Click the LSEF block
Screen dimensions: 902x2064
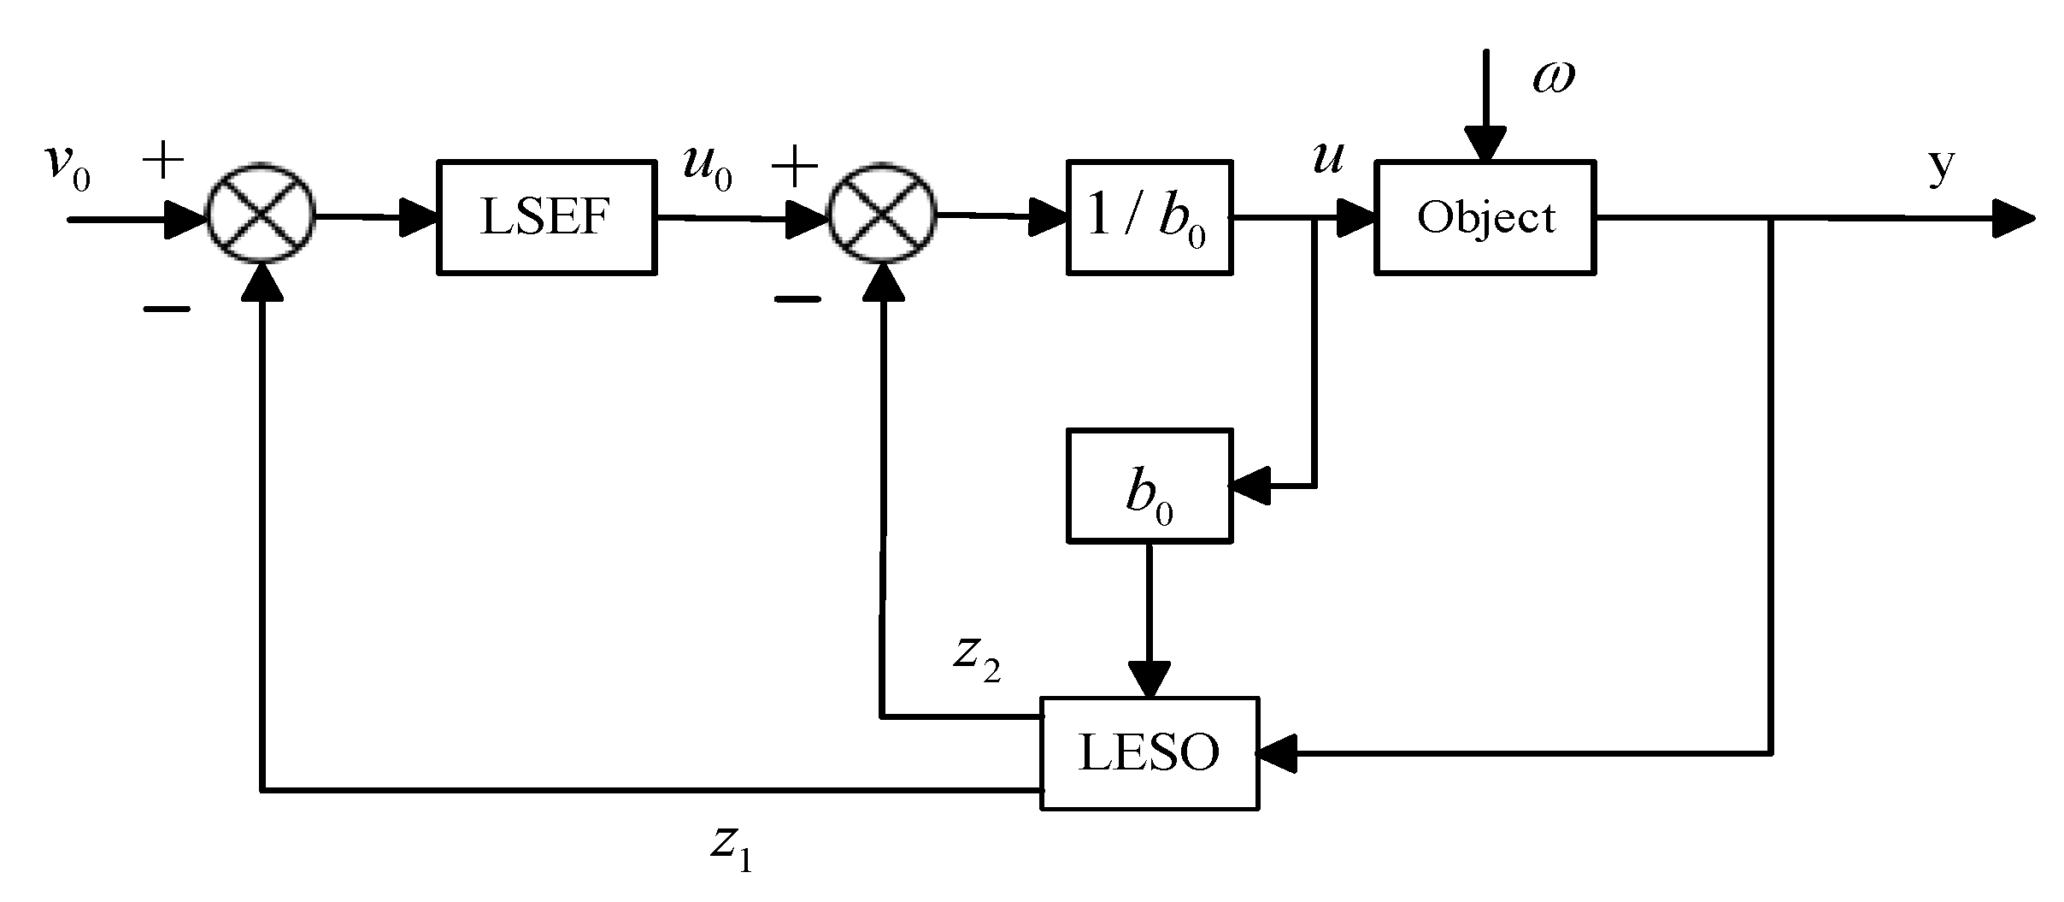tap(546, 217)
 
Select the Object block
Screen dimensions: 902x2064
tap(1485, 217)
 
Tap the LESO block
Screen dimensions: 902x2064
tap(1149, 753)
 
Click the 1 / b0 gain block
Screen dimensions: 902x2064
tap(1149, 217)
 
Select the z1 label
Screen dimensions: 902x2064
tap(731, 846)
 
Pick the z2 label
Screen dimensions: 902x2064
tap(976, 658)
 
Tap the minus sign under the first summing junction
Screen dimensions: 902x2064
tap(166, 310)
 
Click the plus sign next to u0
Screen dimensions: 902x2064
tap(794, 167)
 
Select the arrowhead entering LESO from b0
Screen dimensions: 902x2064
tap(1149, 680)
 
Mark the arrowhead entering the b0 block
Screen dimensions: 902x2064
tap(1250, 486)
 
